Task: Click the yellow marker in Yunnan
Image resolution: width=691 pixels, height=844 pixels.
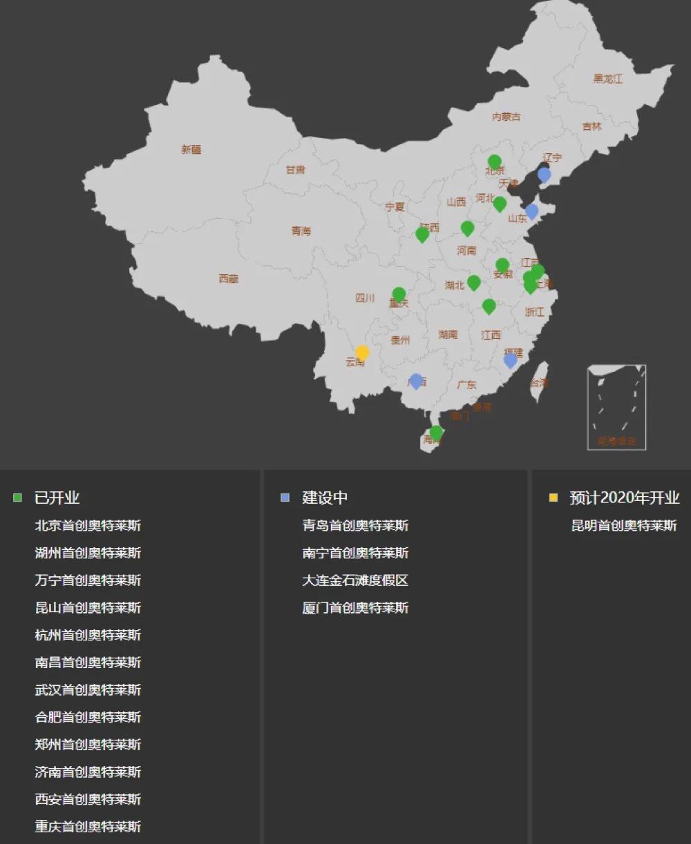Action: [x=362, y=352]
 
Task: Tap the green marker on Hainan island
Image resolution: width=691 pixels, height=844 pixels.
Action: [x=436, y=433]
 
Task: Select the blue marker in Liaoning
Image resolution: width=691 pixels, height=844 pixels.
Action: [x=544, y=174]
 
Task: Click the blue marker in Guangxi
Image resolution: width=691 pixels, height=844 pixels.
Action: [x=415, y=380]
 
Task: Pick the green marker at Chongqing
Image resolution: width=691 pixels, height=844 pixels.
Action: [x=399, y=294]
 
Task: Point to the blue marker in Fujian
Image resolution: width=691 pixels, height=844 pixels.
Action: [x=510, y=360]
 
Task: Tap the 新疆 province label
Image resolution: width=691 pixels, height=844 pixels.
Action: [x=191, y=149]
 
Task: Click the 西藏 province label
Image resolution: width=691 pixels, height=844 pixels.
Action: [x=229, y=279]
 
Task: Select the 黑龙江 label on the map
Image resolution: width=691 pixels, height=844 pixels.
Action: [x=607, y=79]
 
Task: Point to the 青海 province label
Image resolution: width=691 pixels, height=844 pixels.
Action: [x=301, y=230]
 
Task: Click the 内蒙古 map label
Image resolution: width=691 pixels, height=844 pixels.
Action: [x=506, y=117]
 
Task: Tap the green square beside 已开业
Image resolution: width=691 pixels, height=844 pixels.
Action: [x=18, y=498]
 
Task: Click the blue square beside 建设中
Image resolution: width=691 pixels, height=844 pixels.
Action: [x=285, y=498]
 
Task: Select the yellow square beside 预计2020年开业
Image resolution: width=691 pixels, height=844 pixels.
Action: [x=553, y=498]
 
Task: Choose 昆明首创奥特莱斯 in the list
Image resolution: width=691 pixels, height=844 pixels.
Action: [x=623, y=525]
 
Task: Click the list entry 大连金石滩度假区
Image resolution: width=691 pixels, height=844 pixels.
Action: [x=355, y=580]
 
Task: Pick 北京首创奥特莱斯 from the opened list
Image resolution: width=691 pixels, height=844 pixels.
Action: [x=88, y=525]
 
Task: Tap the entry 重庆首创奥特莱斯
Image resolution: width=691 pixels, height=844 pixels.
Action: [x=88, y=826]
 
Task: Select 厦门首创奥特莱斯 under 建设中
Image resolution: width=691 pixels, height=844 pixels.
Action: [x=355, y=608]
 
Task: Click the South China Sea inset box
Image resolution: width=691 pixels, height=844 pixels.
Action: [x=616, y=407]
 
